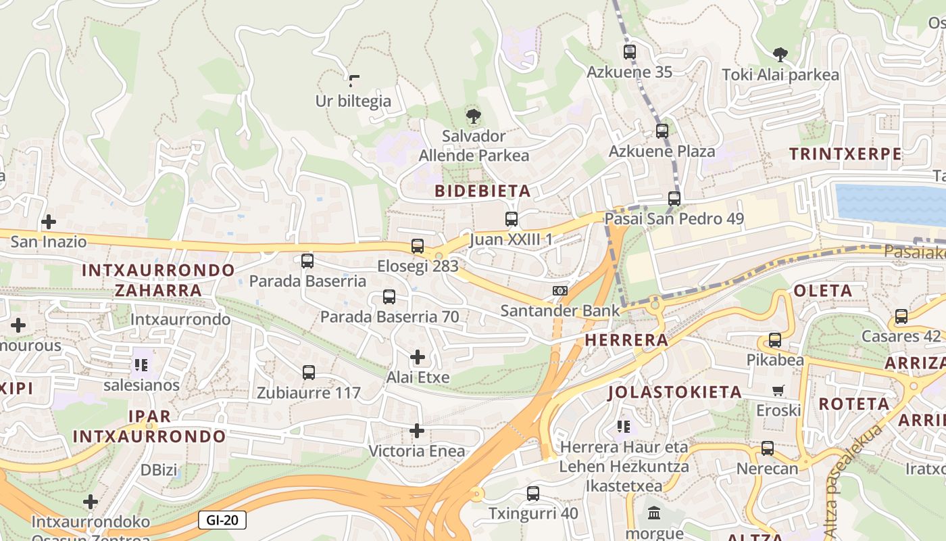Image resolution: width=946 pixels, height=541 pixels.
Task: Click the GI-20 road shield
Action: (x=222, y=520)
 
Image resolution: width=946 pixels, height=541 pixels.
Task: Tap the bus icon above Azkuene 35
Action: (x=630, y=52)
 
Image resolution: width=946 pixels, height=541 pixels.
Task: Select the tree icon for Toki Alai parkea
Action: (x=780, y=55)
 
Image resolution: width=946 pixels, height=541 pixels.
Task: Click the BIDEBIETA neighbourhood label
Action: (x=482, y=191)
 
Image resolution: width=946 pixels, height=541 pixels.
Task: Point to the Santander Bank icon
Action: (x=559, y=291)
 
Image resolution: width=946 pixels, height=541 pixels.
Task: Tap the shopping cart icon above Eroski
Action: (x=778, y=390)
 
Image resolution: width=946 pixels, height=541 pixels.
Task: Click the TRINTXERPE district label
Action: (x=845, y=154)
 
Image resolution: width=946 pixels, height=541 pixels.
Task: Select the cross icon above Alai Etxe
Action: (x=418, y=357)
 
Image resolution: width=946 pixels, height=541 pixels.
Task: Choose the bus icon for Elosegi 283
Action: (x=418, y=246)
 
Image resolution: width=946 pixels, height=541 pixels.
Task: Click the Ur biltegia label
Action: (x=353, y=101)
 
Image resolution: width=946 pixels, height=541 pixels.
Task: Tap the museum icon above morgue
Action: (x=654, y=513)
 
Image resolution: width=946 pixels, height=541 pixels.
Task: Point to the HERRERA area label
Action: (x=626, y=340)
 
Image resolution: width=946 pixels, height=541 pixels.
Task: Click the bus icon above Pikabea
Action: (x=775, y=340)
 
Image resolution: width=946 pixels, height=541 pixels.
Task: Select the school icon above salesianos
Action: (x=141, y=366)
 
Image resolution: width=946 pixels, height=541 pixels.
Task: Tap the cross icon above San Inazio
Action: (x=49, y=222)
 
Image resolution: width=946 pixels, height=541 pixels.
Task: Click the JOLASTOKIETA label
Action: (x=674, y=392)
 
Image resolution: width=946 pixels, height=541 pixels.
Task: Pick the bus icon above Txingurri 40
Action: (x=533, y=494)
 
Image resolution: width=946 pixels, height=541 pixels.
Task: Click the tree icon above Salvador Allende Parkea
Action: (x=474, y=116)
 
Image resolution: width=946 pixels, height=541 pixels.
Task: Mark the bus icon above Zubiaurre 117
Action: (x=309, y=373)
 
